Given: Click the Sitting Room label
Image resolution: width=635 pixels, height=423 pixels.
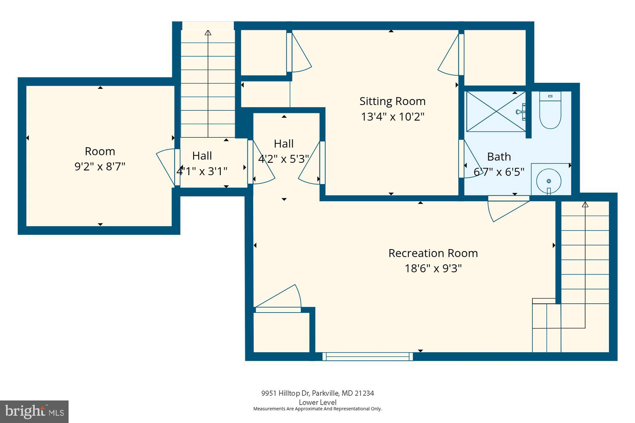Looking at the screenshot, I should [392, 101].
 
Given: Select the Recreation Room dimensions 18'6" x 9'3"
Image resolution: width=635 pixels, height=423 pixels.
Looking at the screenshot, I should [433, 268].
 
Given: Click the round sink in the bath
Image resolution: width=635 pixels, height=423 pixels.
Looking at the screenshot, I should [549, 181].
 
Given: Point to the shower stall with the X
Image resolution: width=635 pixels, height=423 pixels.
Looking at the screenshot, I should [496, 111].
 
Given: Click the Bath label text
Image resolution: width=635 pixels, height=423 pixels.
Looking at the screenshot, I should [499, 157].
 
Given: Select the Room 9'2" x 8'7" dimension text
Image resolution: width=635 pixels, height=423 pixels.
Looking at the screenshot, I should [100, 166].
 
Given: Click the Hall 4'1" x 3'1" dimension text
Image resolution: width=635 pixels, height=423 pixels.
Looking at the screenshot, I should [202, 171].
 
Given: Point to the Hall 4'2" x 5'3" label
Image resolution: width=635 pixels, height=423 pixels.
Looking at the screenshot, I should [284, 144].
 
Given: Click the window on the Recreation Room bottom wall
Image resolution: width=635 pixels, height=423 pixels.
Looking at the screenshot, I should [368, 357].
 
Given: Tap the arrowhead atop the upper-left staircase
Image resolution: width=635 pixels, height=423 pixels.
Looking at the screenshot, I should [208, 33].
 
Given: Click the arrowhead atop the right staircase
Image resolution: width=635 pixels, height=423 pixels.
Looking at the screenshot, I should [585, 204].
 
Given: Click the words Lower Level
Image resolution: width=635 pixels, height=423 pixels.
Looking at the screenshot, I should [317, 402].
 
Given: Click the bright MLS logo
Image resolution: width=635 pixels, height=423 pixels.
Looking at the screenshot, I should [34, 412].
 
